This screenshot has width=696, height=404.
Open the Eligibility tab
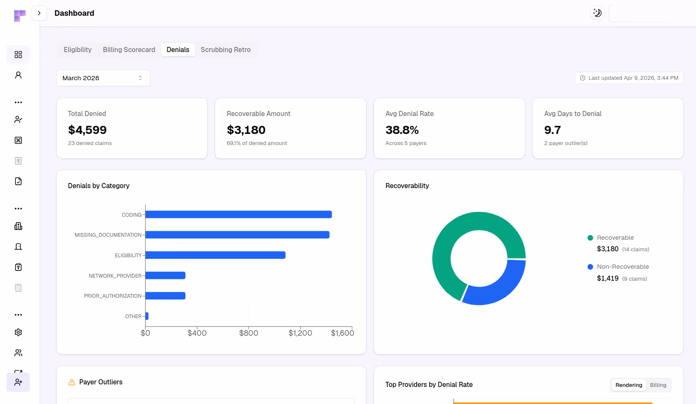[77, 50]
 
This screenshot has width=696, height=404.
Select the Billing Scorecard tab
[129, 50]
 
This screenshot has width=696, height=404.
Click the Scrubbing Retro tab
[225, 50]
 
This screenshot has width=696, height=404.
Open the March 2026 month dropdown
[103, 78]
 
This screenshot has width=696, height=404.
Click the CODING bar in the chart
[238, 215]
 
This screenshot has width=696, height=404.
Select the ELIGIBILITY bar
[215, 255]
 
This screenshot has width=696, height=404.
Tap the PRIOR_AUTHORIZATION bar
[165, 296]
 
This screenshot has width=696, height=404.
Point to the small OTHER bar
[147, 316]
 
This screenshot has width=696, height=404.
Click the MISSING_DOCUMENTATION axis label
[108, 235]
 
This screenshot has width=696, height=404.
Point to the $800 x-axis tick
[249, 333]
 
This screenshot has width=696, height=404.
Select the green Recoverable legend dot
[590, 238]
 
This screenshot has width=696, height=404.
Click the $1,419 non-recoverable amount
[608, 279]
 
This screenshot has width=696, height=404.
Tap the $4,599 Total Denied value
[87, 130]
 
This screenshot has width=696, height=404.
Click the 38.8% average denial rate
[402, 130]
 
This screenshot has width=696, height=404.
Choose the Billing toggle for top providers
[658, 385]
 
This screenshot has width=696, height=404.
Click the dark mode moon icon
[597, 13]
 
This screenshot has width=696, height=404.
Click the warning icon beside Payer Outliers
[72, 382]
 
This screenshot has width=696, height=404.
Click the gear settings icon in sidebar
[18, 332]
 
